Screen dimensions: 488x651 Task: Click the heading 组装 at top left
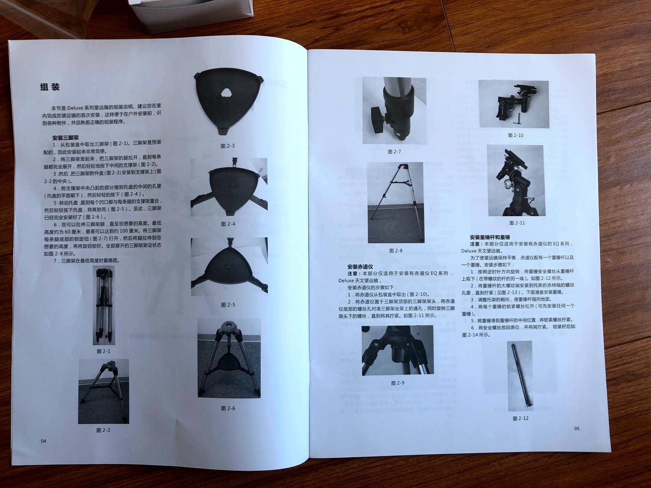pyautogui.click(x=50, y=87)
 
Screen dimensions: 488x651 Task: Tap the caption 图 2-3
pyautogui.click(x=228, y=146)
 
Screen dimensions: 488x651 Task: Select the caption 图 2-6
pyautogui.click(x=228, y=408)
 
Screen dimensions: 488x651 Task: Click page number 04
pyautogui.click(x=43, y=441)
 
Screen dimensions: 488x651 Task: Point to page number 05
pyautogui.click(x=577, y=429)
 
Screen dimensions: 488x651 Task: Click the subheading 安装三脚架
pyautogui.click(x=65, y=137)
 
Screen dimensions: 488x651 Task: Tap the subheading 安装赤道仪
pyautogui.click(x=360, y=266)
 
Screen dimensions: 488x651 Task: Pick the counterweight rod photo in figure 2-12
pyautogui.click(x=520, y=375)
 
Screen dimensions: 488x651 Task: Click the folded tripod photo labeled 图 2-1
pyautogui.click(x=103, y=305)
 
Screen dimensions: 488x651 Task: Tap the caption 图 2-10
pyautogui.click(x=516, y=135)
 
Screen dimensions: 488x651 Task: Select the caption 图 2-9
pyautogui.click(x=398, y=383)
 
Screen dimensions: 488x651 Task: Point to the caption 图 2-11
pyautogui.click(x=517, y=223)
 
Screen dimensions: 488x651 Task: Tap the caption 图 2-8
pyautogui.click(x=396, y=251)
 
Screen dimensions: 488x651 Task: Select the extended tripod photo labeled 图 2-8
pyautogui.click(x=395, y=202)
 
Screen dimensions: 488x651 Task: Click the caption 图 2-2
pyautogui.click(x=103, y=430)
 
